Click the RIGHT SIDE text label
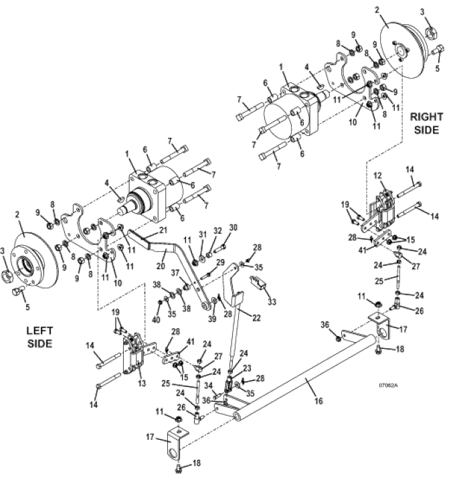click(426, 123)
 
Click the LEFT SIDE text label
click(39, 337)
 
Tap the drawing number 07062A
click(388, 386)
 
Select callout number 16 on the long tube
click(318, 400)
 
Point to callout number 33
click(272, 301)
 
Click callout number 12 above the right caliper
click(377, 175)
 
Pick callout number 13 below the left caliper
click(142, 382)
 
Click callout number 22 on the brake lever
click(256, 318)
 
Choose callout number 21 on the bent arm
click(163, 230)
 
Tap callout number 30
click(233, 228)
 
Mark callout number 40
click(156, 320)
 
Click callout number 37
click(175, 273)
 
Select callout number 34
click(209, 386)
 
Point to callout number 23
click(247, 368)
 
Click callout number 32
click(217, 230)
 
